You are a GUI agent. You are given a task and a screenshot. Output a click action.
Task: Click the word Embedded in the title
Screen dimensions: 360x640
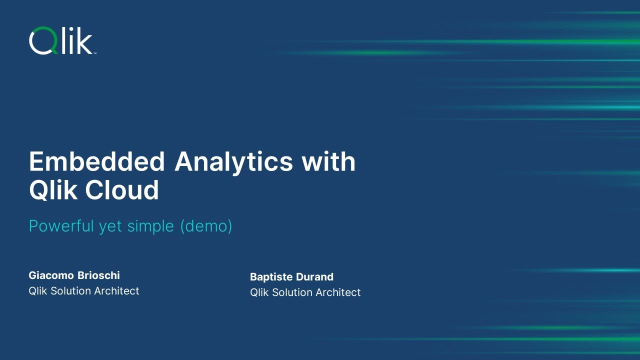pos(97,162)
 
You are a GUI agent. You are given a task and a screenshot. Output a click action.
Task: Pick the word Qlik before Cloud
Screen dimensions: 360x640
pos(53,190)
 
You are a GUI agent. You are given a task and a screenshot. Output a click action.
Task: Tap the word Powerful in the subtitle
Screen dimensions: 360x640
pos(61,226)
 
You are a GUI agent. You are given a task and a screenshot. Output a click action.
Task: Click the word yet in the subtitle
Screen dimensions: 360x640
pos(110,226)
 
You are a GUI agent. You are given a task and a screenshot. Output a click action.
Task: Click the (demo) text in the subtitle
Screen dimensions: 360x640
pos(206,226)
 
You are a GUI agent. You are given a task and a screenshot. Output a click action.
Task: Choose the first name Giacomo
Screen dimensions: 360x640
pos(50,275)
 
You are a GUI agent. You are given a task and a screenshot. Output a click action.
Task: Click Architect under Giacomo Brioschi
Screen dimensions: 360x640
pos(118,291)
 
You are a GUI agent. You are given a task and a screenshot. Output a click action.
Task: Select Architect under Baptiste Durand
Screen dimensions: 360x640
pos(339,292)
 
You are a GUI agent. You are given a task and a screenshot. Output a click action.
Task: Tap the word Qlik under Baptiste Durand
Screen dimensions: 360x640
pos(259,292)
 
